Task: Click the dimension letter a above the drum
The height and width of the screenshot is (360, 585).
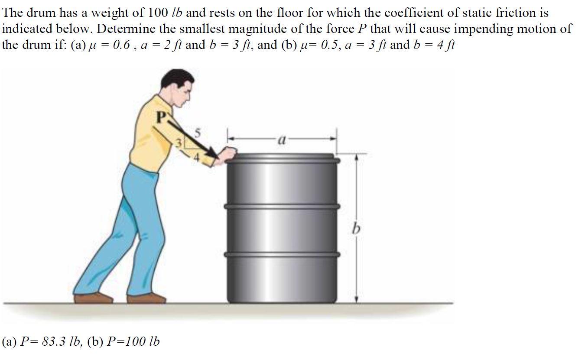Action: point(282,139)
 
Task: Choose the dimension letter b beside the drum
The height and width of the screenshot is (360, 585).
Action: point(356,228)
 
